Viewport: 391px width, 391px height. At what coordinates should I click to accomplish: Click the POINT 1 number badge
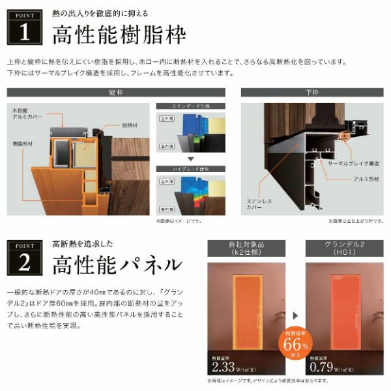click(24, 27)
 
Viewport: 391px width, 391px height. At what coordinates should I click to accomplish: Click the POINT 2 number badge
click(24, 259)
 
